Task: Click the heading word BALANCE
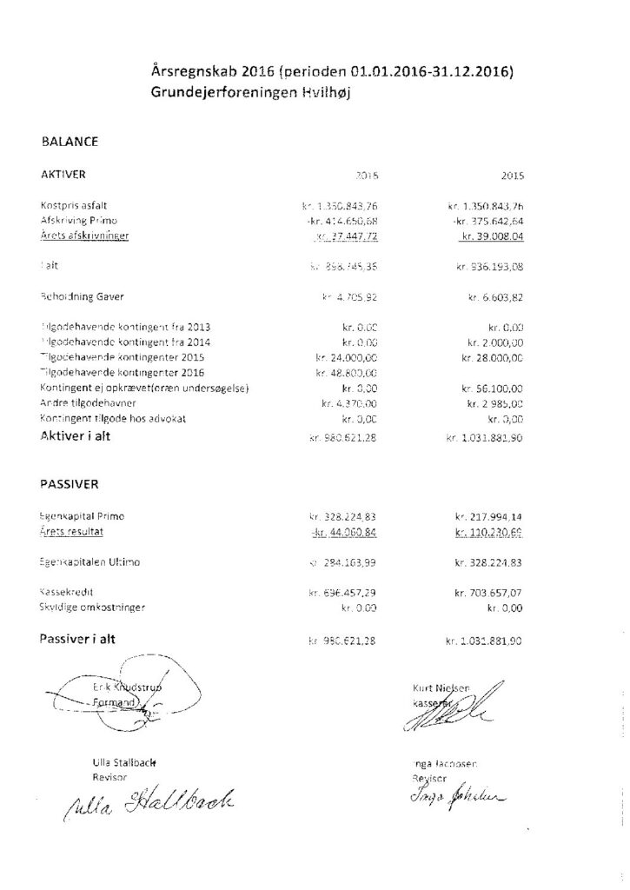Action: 69,141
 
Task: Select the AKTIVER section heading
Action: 63,174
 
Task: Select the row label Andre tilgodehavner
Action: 85,403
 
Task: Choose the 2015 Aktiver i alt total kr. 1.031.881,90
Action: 485,438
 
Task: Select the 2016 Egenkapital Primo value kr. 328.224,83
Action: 345,515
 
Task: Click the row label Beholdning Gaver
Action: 82,297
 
